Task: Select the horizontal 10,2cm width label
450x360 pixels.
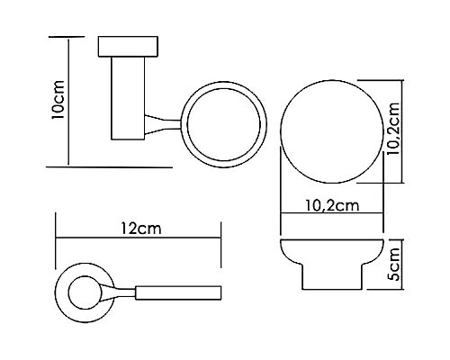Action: tap(335, 205)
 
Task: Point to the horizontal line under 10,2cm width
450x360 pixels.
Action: tap(335, 215)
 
